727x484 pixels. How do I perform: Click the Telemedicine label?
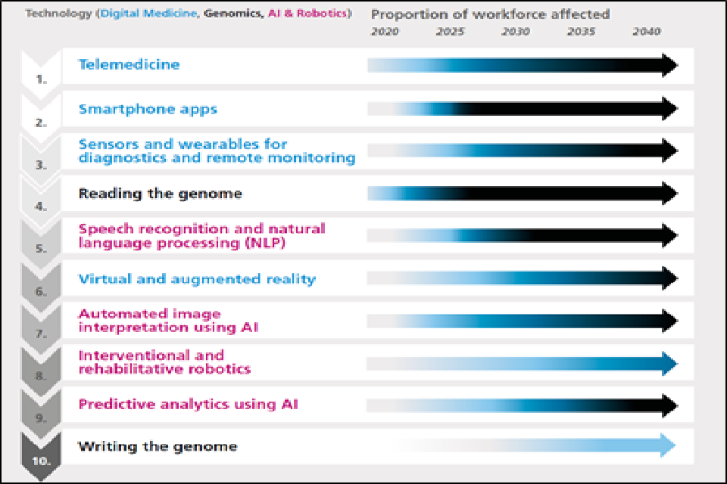point(129,64)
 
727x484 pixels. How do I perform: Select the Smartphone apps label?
point(148,109)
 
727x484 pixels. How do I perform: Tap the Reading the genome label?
point(161,194)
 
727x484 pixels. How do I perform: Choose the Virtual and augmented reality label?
point(197,279)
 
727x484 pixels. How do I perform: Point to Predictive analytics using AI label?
point(189,404)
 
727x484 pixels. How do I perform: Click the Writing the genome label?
point(158,446)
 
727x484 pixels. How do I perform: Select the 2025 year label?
point(451,32)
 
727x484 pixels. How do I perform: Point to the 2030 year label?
point(516,32)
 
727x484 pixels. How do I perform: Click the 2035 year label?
point(581,32)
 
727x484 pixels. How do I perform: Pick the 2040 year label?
point(646,32)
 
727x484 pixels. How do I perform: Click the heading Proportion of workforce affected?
point(490,14)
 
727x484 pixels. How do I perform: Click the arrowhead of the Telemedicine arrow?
point(668,65)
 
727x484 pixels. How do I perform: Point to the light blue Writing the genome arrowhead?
point(666,445)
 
